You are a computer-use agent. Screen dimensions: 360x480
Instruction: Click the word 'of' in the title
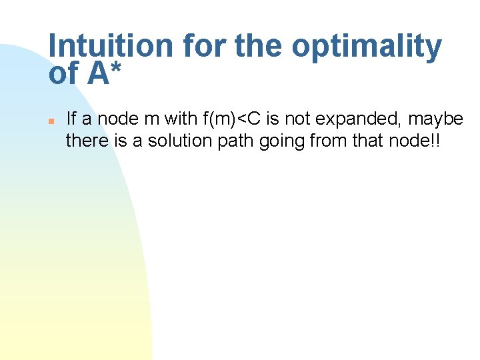tap(63, 73)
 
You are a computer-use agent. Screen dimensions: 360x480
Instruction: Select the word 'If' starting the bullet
tap(71, 119)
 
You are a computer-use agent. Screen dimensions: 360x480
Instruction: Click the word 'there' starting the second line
tap(83, 141)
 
